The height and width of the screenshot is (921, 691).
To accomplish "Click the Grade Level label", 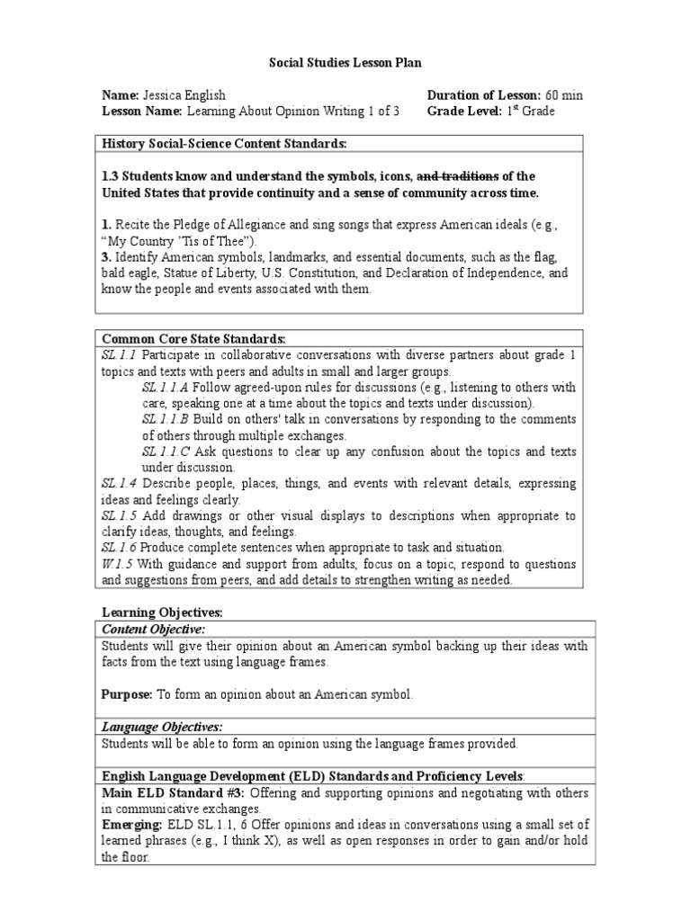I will (464, 112).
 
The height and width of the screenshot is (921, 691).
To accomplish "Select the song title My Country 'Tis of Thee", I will (183, 241).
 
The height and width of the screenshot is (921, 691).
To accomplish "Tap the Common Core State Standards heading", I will (193, 339).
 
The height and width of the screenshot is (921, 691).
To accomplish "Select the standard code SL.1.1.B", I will (165, 420).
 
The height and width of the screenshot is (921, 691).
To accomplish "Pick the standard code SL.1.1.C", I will (165, 452).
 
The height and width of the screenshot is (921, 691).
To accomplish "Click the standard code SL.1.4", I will (119, 484).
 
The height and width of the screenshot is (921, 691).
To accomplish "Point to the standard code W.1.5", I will (117, 565).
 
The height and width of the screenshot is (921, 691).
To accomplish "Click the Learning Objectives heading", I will (161, 613).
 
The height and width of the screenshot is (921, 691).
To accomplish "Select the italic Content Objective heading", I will (153, 629).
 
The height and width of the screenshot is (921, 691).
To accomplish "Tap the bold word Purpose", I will (126, 694).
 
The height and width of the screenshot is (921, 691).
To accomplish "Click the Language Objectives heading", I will (161, 727).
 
